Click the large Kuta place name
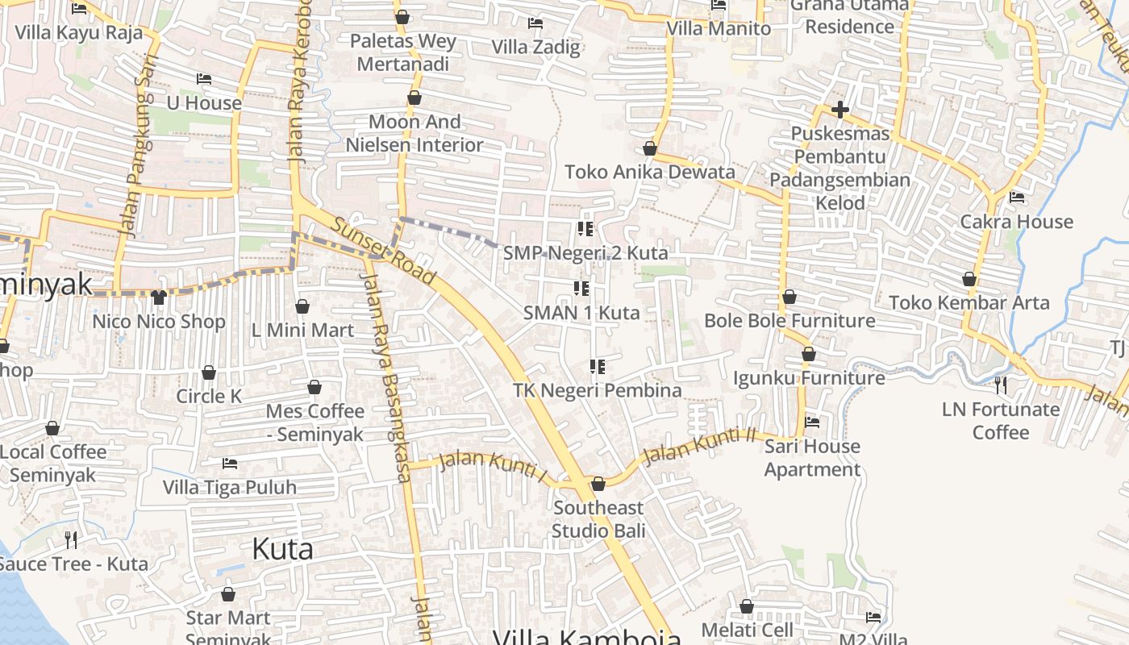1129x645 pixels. point(282,549)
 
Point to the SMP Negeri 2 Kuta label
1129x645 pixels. point(585,253)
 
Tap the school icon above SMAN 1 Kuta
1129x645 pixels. point(581,288)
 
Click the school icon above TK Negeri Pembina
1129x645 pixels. point(598,367)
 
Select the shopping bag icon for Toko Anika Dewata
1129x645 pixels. point(650,149)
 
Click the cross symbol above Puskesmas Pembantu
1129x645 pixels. point(840,110)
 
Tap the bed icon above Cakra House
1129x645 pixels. point(1017,198)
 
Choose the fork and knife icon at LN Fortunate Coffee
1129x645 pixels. point(1001,385)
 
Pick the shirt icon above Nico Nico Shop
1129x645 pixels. point(158,298)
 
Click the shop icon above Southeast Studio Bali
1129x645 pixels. point(598,484)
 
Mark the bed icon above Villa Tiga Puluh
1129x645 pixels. point(230,464)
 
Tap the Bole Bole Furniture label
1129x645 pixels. point(789,321)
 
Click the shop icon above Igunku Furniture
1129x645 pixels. point(809,354)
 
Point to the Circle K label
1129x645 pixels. point(209,396)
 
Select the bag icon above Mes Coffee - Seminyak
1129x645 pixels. point(315,388)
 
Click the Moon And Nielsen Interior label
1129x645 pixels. point(415,134)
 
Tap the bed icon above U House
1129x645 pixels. point(204,79)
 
